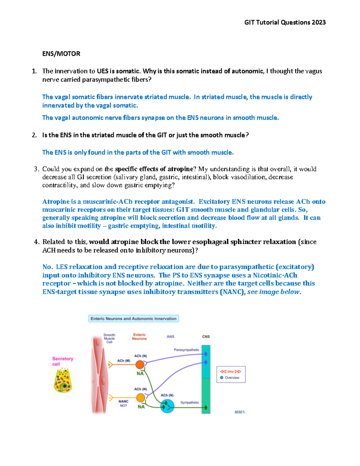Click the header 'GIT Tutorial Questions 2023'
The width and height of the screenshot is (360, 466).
point(285,23)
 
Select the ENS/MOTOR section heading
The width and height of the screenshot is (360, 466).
point(61,54)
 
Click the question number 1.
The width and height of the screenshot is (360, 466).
point(34,71)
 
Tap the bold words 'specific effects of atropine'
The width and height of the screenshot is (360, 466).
point(154,169)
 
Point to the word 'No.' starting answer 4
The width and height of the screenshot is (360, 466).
point(48,267)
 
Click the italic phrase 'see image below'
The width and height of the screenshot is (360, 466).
point(273,292)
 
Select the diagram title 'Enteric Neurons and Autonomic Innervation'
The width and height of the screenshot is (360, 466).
point(133,319)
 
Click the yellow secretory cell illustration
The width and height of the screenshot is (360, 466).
point(63,380)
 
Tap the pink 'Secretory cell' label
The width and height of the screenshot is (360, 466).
point(62,361)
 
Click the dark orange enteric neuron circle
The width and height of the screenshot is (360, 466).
point(140,365)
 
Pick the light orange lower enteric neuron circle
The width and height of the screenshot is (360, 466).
point(140,398)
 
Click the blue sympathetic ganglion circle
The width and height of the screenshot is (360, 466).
point(167,406)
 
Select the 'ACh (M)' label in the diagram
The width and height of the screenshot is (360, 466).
point(124,361)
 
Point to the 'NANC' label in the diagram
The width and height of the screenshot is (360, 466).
point(123,401)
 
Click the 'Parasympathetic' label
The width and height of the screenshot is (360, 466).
point(186,350)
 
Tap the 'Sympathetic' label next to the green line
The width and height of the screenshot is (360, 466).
point(190,402)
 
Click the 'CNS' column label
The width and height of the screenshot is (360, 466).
point(206,337)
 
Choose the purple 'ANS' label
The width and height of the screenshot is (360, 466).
point(170,337)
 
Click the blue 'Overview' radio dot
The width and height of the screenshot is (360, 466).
point(222,377)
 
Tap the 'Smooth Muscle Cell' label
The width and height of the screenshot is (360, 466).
point(109,338)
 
